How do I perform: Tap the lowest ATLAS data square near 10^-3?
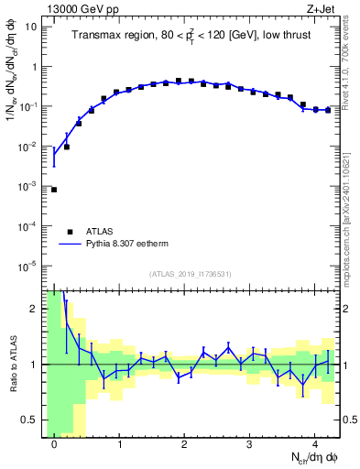(x=54, y=190)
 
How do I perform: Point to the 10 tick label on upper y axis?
(x=30, y=27)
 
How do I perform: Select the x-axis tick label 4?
(x=315, y=443)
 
